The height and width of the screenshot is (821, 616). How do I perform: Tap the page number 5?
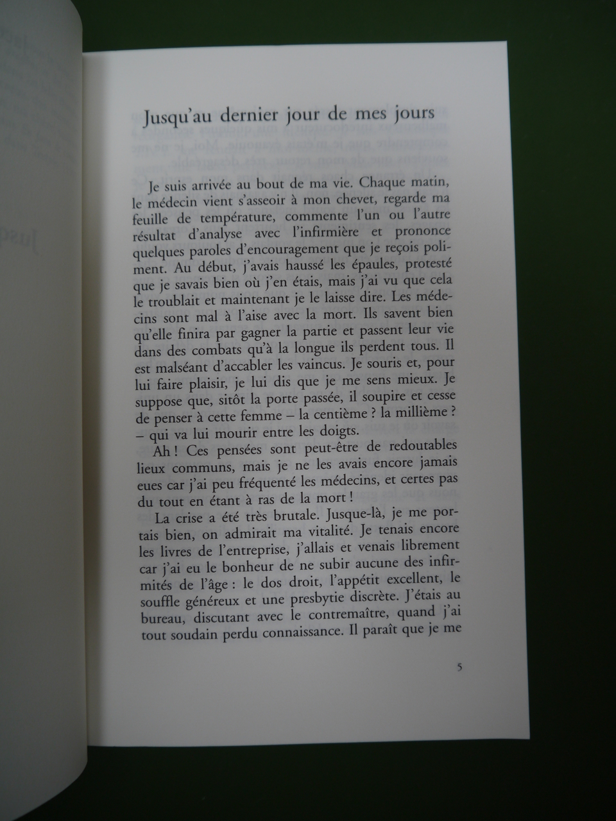[459, 666]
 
